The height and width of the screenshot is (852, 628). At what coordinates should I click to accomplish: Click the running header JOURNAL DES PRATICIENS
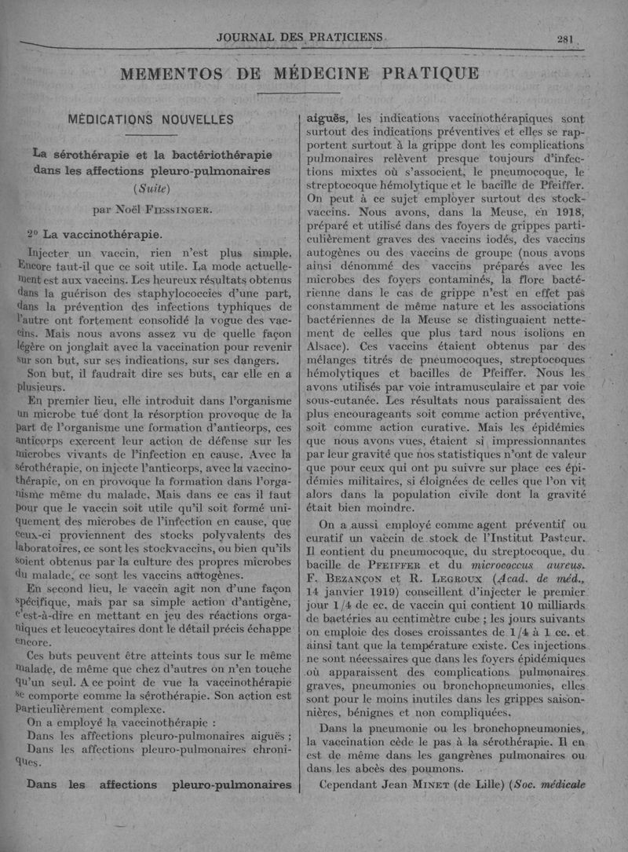302,37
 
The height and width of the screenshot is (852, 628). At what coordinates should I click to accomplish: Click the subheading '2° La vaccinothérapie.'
94,234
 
